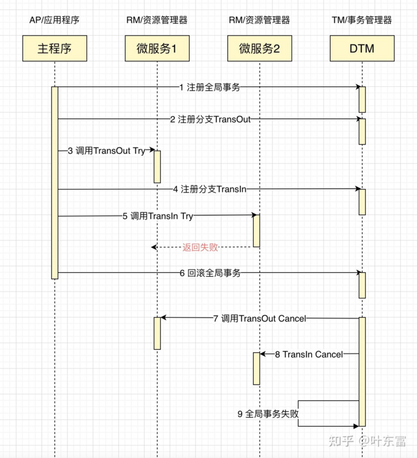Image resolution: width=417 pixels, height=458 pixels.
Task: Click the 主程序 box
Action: (54, 48)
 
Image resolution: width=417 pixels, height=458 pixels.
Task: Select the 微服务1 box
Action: (157, 48)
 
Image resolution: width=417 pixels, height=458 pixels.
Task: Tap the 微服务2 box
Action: (259, 48)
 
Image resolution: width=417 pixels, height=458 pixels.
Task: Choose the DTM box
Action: (362, 48)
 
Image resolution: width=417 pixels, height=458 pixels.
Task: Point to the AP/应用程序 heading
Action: (54, 20)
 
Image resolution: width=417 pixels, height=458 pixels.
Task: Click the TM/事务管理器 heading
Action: (362, 20)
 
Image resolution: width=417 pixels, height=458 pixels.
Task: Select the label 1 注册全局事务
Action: (209, 88)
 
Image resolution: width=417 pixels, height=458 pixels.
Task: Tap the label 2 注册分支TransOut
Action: (210, 119)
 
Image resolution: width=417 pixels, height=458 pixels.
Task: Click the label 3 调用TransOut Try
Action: (106, 151)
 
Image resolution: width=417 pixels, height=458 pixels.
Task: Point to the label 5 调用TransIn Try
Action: (158, 216)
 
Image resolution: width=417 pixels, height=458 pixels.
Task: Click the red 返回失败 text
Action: (200, 247)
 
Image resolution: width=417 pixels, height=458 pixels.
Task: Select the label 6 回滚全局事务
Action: (210, 273)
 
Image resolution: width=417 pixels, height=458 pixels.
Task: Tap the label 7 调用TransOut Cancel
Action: (259, 318)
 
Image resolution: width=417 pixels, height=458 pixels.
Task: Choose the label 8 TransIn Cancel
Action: (309, 354)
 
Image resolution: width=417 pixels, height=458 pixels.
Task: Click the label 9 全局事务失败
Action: (268, 414)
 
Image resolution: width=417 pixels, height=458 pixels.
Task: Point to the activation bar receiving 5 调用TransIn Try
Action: (257, 230)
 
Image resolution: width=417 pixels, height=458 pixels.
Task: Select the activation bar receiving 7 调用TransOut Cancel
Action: (157, 333)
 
